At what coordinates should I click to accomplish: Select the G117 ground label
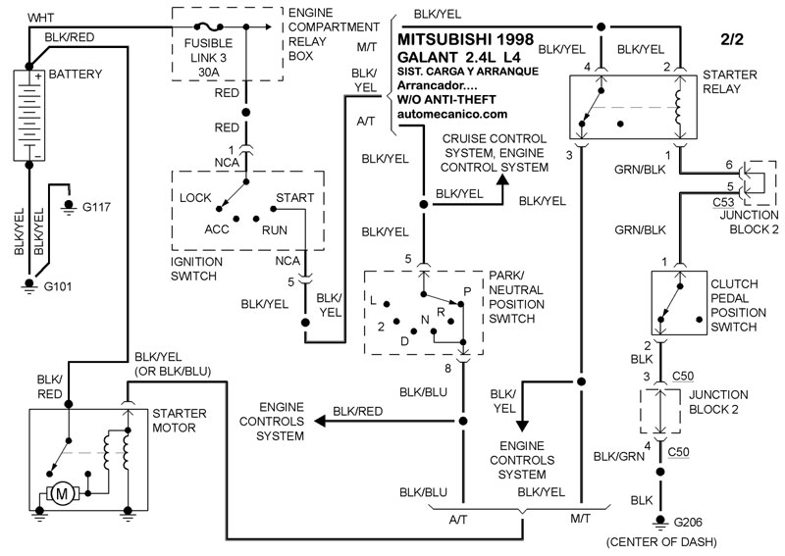pyautogui.click(x=99, y=207)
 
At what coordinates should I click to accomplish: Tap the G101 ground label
pyautogui.click(x=61, y=287)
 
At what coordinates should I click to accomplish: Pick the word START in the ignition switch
pyautogui.click(x=294, y=197)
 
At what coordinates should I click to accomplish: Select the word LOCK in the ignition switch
pyautogui.click(x=197, y=197)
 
